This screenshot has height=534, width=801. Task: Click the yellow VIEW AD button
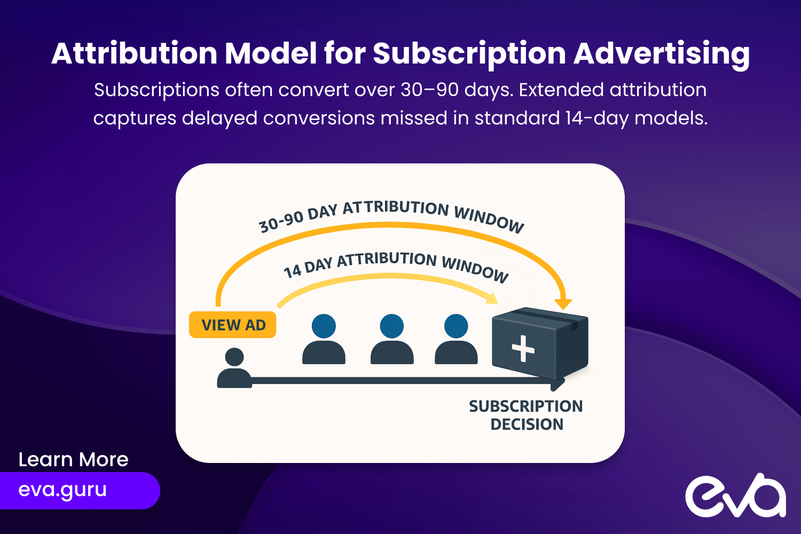point(232,325)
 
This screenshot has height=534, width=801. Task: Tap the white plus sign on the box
point(523,348)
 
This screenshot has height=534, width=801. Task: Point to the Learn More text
point(73,459)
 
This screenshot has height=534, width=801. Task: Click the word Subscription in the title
point(469,54)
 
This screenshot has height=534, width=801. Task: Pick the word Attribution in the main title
point(135,53)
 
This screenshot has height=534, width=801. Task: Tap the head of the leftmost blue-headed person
point(324,326)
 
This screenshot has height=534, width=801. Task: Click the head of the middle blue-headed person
point(392,326)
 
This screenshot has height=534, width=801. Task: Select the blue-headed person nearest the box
point(456,339)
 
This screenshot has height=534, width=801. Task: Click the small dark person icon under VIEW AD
point(234,368)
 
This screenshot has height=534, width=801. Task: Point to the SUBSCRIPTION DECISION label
point(526,415)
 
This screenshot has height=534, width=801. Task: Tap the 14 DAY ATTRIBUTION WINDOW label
point(396,265)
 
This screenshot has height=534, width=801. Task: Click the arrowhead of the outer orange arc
point(563,304)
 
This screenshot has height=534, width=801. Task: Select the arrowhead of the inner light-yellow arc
point(492,299)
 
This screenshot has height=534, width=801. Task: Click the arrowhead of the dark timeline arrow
point(558,383)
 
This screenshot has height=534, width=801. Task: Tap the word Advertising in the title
point(662,54)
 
